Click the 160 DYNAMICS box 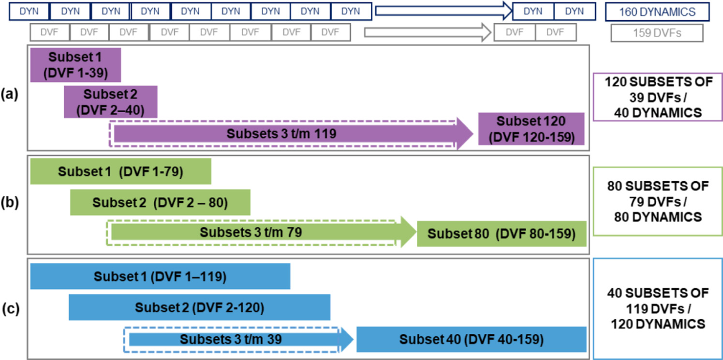(657, 12)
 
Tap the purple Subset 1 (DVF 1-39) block (75, 65)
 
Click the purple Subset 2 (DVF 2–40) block (111, 102)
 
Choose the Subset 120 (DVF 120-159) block (531, 129)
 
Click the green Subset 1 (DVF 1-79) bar (120, 172)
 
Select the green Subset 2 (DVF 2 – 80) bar (160, 202)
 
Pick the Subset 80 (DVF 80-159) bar (501, 234)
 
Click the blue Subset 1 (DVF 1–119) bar (160, 277)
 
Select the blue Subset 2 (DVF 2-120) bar (199, 307)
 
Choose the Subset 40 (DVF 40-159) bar (471, 340)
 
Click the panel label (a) (9, 93)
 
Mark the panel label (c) (9, 308)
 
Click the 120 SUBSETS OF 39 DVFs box (657, 97)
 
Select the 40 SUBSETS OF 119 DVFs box (657, 308)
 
